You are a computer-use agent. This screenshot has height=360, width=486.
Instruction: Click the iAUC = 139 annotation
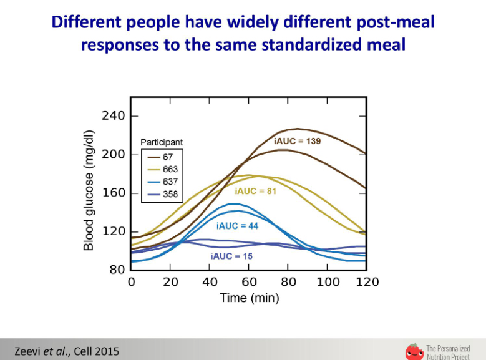tap(297, 141)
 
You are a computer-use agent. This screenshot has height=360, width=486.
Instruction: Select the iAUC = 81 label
tap(255, 191)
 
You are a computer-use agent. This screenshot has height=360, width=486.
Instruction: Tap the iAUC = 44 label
tap(237, 226)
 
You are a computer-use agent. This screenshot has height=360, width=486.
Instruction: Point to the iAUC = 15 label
tap(231, 256)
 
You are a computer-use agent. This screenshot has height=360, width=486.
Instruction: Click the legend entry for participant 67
tap(160, 157)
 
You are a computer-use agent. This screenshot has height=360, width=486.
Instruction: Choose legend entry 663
tap(162, 169)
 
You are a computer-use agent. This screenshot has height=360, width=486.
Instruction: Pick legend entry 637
tap(162, 182)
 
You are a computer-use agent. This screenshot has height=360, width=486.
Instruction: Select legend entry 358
tap(162, 194)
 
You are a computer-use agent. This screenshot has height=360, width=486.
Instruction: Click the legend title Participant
tap(162, 142)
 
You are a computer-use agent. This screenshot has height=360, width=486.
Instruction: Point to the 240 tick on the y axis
tap(114, 116)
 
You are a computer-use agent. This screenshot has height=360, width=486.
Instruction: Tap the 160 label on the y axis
tap(114, 193)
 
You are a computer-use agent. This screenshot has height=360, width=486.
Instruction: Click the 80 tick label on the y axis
tap(117, 270)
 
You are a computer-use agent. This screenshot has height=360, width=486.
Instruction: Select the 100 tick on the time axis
tap(328, 282)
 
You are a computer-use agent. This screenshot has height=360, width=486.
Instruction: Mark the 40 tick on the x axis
tap(210, 282)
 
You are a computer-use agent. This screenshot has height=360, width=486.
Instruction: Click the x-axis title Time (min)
tap(250, 298)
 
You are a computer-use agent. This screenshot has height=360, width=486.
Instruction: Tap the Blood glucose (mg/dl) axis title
tap(89, 190)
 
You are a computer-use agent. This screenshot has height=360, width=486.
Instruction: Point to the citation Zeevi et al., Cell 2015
tap(67, 351)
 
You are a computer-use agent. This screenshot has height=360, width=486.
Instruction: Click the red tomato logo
tap(414, 352)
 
